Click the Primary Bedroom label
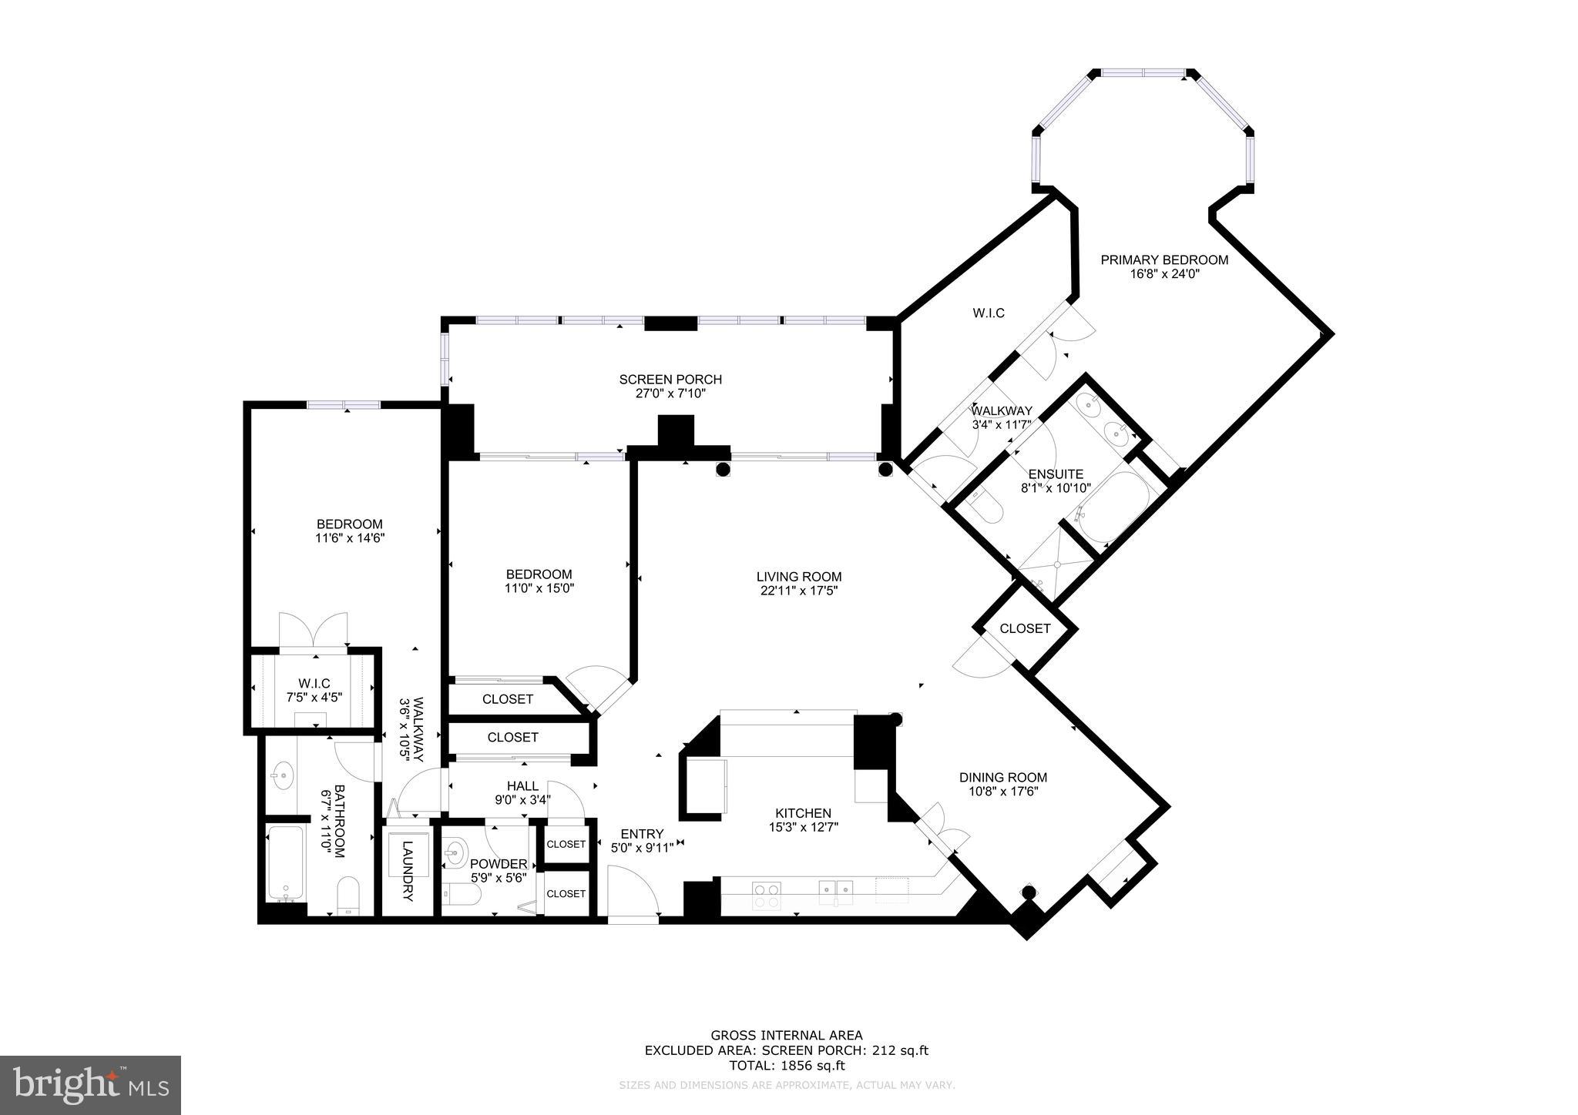1163,260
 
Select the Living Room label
798,577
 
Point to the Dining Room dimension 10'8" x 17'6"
1002,792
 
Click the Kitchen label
803,813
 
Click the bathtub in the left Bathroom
285,862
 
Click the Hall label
522,786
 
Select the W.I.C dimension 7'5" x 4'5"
314,697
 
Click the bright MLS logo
90,1086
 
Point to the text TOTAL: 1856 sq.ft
787,1066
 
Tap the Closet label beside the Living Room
1025,628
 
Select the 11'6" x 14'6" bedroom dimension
349,538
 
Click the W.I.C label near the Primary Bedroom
989,313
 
